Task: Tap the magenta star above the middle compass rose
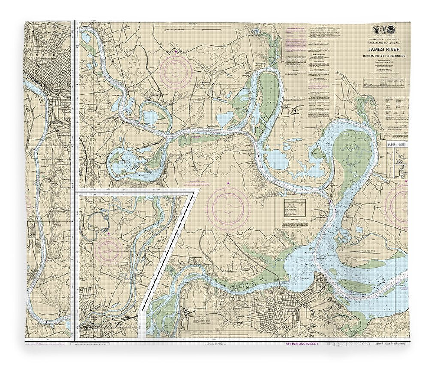coord(228,184)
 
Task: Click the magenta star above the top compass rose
coord(175,52)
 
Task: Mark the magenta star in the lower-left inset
coord(109,233)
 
